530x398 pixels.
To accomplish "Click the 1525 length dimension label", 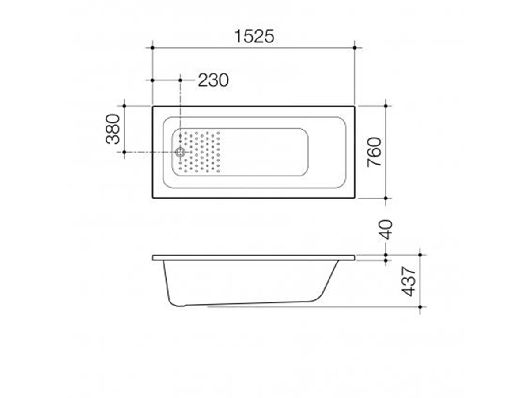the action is coord(254,37).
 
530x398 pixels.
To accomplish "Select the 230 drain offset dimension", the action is coord(213,80).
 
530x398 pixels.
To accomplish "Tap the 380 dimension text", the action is coord(113,129).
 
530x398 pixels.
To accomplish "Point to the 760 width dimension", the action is coord(374,152).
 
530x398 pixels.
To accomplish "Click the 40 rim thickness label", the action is coord(386,230).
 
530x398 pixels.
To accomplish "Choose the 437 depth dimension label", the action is coord(409,281).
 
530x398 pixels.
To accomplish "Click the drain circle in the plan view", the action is coord(180,152).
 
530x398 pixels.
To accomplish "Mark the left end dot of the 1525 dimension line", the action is coord(152,48).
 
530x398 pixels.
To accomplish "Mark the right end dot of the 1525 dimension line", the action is coord(355,48).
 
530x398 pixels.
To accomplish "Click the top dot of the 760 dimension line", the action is coord(386,106).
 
